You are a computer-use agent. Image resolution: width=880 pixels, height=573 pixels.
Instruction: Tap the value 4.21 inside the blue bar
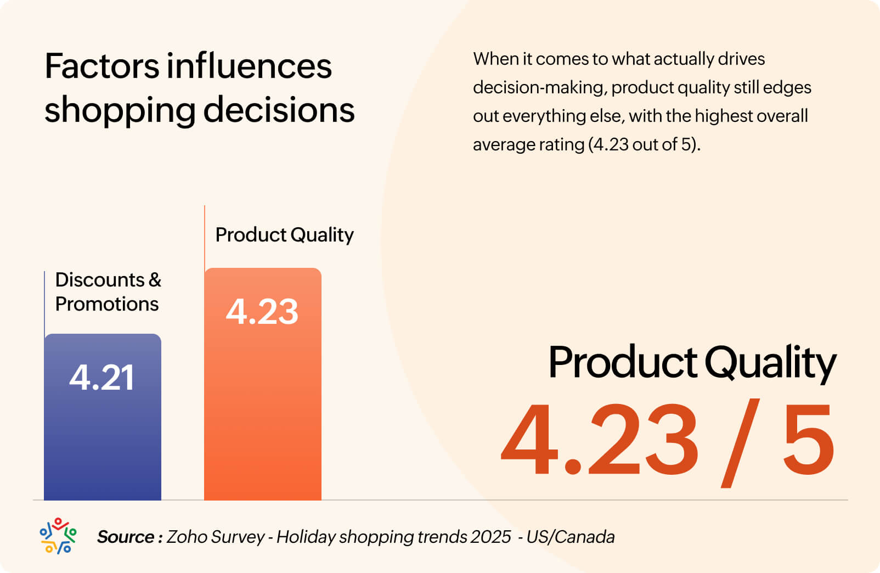pos(101,377)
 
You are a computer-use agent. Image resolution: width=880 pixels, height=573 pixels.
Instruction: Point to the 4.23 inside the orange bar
pos(262,311)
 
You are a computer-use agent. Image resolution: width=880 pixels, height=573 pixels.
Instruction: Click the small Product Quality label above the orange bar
pos(284,235)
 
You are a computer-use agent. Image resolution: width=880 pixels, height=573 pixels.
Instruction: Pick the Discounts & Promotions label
pos(108,291)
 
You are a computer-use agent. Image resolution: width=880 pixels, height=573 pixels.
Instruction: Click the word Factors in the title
pos(101,66)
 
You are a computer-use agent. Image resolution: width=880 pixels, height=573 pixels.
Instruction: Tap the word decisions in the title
pos(279,109)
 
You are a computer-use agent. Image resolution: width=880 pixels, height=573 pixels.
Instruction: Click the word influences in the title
pos(249,66)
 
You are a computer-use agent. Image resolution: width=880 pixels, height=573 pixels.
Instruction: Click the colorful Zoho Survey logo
pos(58,536)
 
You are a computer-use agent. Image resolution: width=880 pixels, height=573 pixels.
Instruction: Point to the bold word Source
pos(126,537)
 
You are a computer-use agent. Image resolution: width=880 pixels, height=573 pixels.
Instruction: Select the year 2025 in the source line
pos(490,537)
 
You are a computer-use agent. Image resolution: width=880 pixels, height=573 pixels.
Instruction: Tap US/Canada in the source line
pos(571,537)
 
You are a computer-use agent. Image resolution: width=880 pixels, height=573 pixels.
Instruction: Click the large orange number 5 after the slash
pos(808,439)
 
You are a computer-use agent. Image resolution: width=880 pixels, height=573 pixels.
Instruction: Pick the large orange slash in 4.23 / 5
pos(741,442)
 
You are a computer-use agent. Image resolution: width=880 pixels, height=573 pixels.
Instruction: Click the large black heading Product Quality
pos(692,363)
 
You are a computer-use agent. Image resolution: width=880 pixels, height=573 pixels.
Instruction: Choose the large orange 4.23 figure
pos(600,440)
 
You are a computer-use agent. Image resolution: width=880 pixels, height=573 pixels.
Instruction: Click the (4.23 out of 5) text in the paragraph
pos(644,144)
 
